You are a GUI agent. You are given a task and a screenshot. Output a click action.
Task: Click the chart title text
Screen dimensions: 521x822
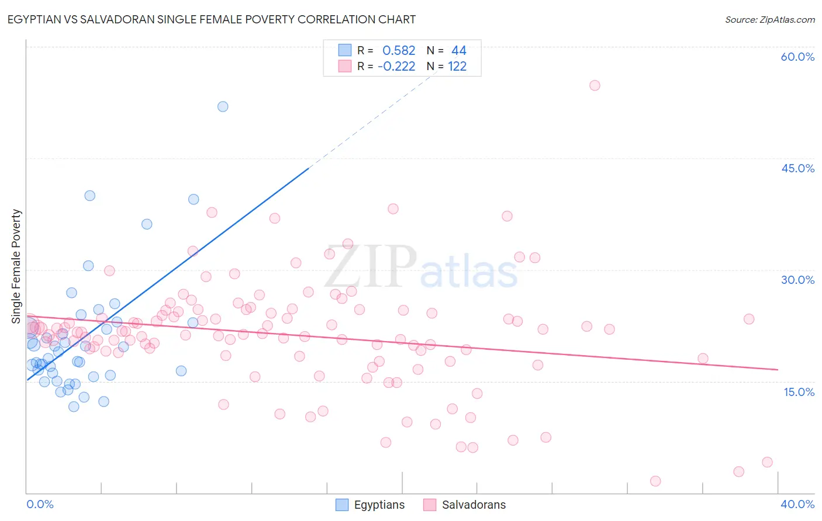(212, 19)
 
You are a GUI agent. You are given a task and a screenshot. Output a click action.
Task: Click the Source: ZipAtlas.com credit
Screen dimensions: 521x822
(769, 19)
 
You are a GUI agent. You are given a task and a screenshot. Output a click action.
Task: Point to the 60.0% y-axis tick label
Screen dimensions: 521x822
(797, 57)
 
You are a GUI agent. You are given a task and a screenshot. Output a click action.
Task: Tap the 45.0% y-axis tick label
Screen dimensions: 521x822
(797, 168)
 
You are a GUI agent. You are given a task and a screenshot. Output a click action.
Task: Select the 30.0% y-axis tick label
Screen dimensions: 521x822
(797, 280)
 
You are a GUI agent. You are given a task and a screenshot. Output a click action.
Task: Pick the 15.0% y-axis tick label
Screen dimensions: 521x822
(799, 392)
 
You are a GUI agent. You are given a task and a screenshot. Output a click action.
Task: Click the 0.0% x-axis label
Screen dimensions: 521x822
(40, 504)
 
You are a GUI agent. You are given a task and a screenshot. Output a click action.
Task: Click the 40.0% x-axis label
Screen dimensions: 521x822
(797, 504)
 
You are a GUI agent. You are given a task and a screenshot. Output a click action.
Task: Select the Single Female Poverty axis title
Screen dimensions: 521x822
(16, 266)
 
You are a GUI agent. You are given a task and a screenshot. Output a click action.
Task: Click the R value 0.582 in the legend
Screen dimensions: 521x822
(399, 51)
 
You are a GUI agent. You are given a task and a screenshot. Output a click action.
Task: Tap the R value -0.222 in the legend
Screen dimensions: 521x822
(396, 67)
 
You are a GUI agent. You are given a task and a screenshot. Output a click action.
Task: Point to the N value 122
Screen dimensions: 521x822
(457, 67)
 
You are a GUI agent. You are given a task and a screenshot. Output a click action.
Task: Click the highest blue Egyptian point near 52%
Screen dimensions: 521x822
(223, 106)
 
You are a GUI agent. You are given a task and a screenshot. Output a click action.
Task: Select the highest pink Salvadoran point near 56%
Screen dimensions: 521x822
(595, 85)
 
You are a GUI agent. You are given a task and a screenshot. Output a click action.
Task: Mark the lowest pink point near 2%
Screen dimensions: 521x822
(655, 481)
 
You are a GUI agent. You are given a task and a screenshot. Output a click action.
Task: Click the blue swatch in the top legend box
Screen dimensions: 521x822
(345, 51)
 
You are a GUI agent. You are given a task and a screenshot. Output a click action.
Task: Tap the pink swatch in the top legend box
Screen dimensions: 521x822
(345, 67)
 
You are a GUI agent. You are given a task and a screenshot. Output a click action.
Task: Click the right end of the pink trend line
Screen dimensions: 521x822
(778, 370)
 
